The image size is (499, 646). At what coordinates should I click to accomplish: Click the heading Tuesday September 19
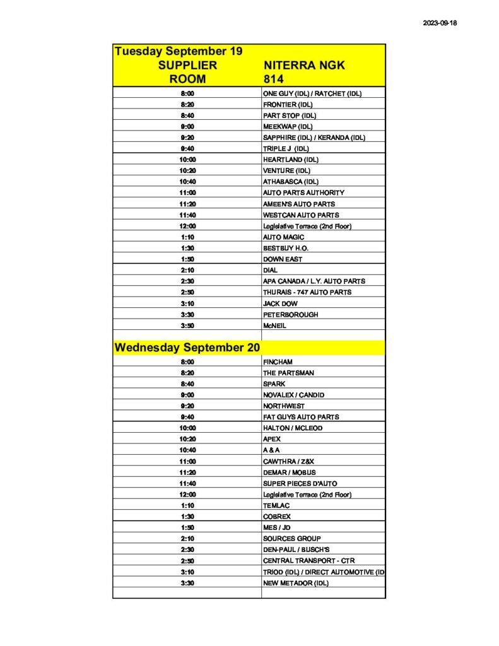(179, 51)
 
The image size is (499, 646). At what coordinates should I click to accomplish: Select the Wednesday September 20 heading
(187, 348)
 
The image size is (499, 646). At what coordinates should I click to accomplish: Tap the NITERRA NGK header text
(304, 66)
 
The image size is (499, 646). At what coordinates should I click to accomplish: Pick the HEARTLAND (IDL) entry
(291, 160)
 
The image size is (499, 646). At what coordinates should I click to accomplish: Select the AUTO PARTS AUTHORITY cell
(303, 192)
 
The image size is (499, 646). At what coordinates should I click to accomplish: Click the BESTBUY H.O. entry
(286, 248)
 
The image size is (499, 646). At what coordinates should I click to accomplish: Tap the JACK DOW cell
(280, 303)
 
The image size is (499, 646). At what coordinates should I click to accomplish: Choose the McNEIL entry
(275, 326)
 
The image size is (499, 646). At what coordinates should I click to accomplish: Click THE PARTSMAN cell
(289, 373)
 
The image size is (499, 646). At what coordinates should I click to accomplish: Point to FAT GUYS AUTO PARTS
(301, 417)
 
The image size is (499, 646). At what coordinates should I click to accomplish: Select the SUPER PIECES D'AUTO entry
(301, 483)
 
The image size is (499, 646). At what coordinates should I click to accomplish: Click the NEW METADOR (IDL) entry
(296, 583)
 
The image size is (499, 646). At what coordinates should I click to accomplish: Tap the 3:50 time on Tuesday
(187, 326)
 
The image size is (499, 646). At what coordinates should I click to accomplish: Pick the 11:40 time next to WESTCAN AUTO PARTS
(187, 215)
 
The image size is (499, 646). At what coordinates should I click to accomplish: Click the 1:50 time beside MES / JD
(187, 527)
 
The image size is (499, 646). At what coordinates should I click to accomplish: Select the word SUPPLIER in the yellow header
(187, 66)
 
